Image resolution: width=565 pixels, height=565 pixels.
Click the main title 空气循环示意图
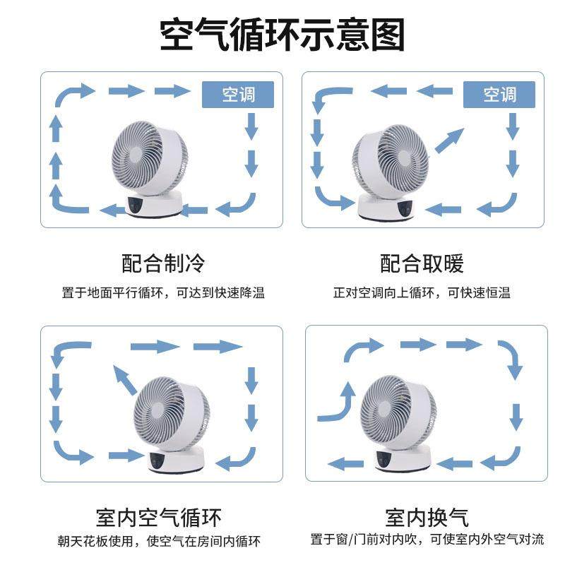tap(282, 34)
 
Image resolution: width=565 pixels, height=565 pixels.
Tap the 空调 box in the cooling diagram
tap(238, 94)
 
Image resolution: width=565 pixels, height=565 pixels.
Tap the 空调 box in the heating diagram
tap(499, 94)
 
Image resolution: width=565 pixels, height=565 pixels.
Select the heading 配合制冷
tap(163, 264)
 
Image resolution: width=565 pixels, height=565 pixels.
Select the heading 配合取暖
tap(422, 264)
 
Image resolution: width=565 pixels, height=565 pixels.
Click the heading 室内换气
tap(427, 517)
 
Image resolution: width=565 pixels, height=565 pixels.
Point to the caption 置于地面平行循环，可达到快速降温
tap(163, 292)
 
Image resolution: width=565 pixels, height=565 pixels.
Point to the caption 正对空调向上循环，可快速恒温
tap(422, 292)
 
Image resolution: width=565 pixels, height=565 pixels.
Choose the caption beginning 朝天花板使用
tap(159, 542)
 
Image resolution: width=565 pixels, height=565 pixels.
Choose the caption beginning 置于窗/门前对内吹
tap(427, 540)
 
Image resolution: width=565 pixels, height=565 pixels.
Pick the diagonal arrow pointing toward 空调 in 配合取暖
tap(448, 141)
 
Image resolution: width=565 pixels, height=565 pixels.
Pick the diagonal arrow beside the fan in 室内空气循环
tap(125, 382)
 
